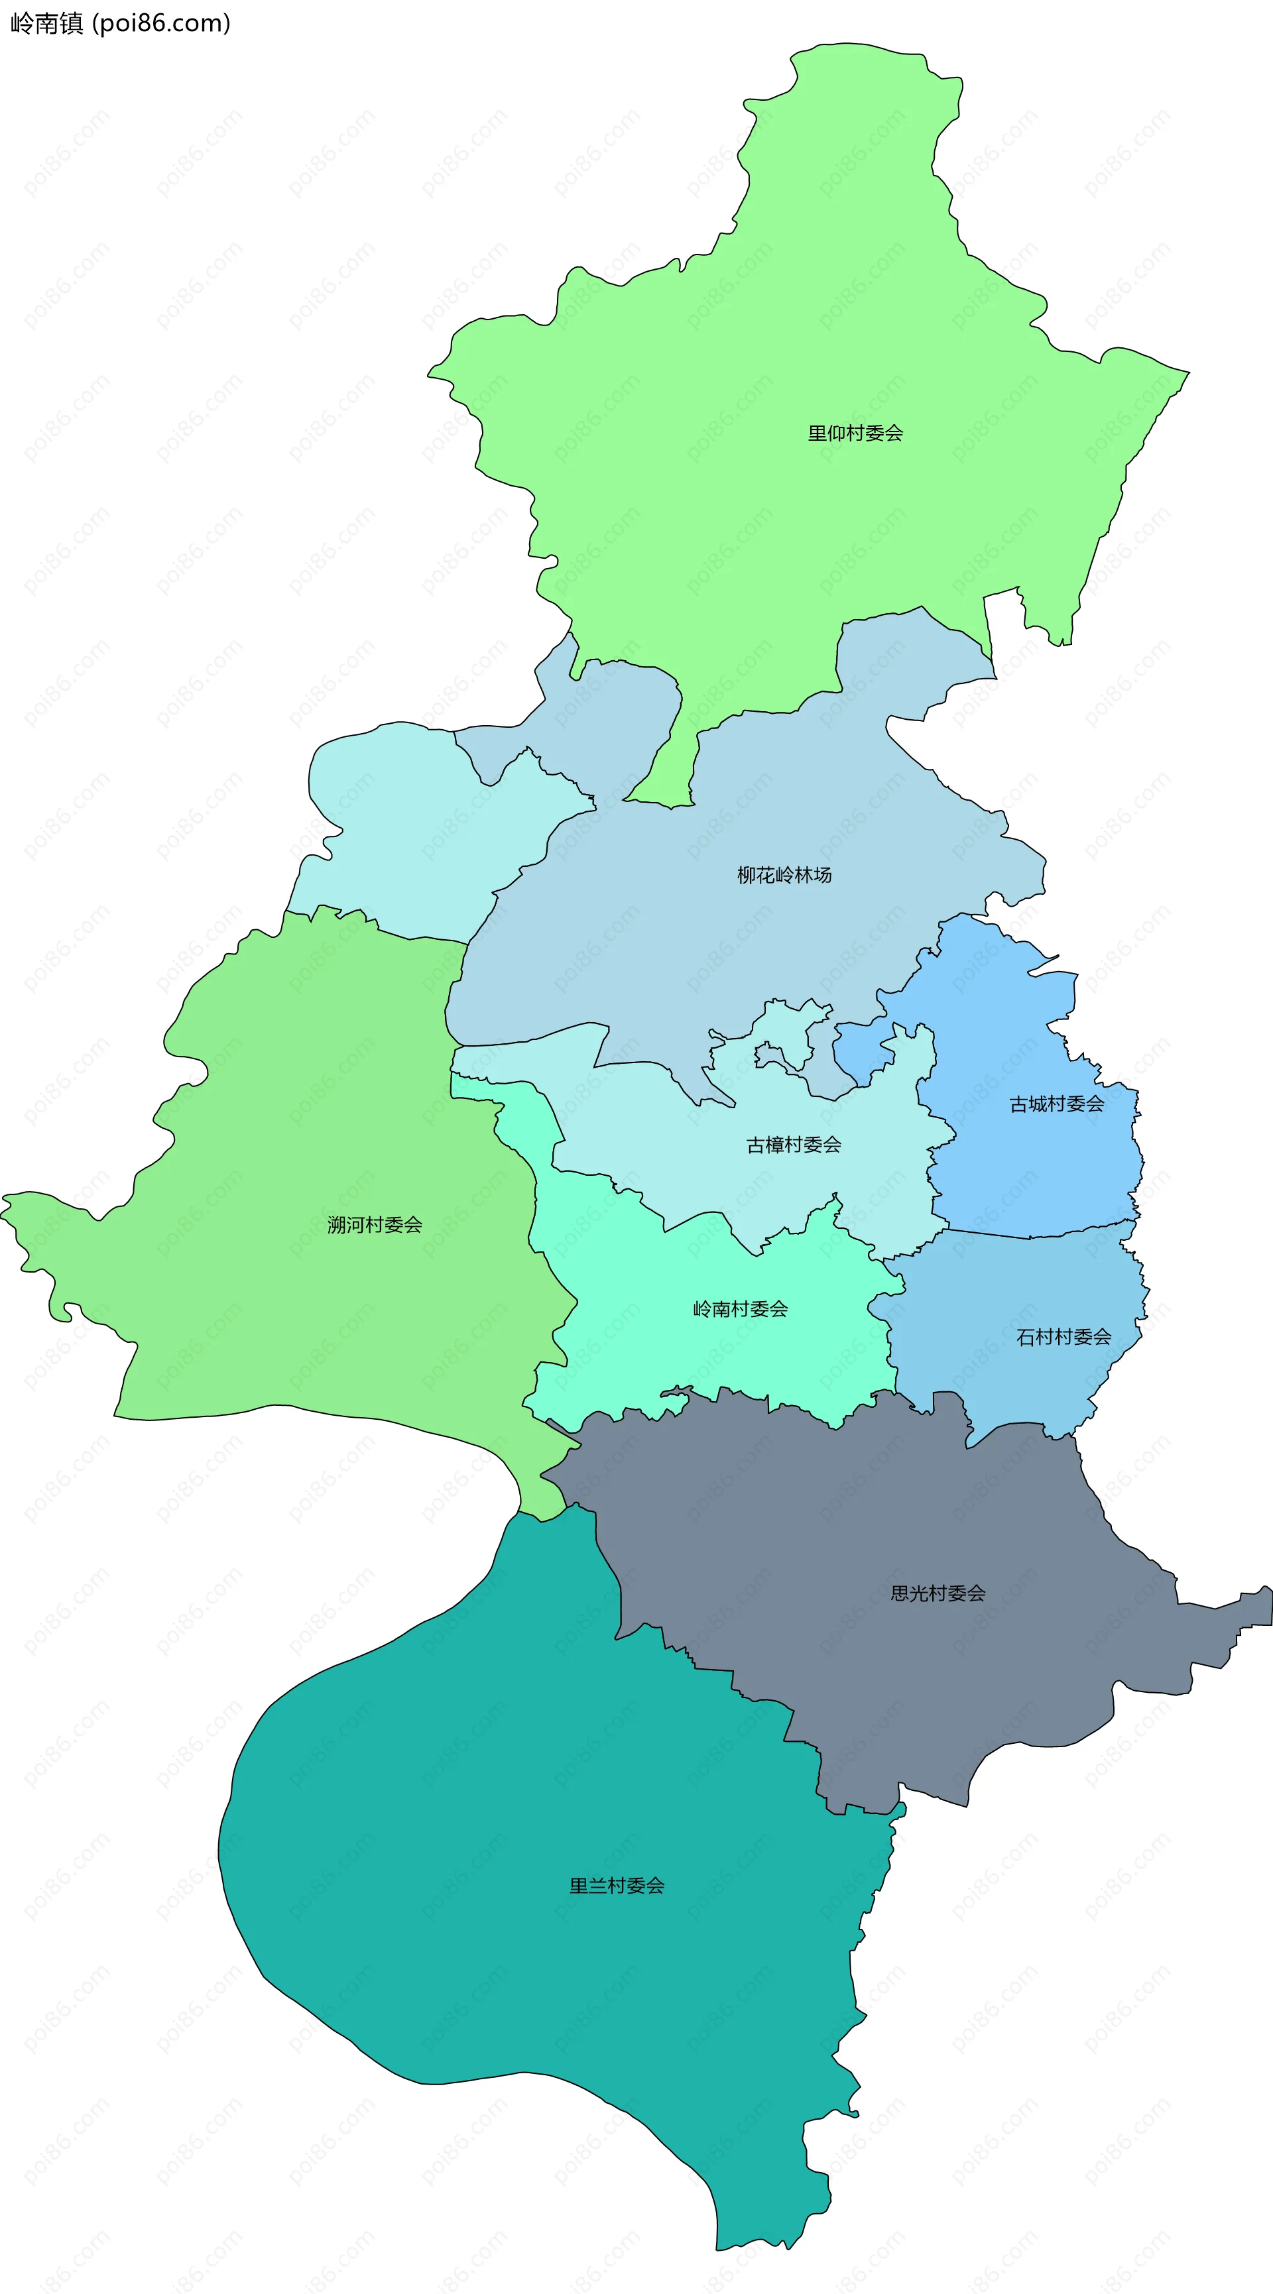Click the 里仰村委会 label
[855, 433]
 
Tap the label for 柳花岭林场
[784, 876]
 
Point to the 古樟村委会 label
[793, 1145]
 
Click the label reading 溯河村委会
[374, 1226]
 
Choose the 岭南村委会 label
[741, 1309]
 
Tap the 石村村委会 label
[1063, 1337]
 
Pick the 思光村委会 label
[938, 1593]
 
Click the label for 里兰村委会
[617, 1885]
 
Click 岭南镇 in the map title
[46, 23]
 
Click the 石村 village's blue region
[1006, 1291]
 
